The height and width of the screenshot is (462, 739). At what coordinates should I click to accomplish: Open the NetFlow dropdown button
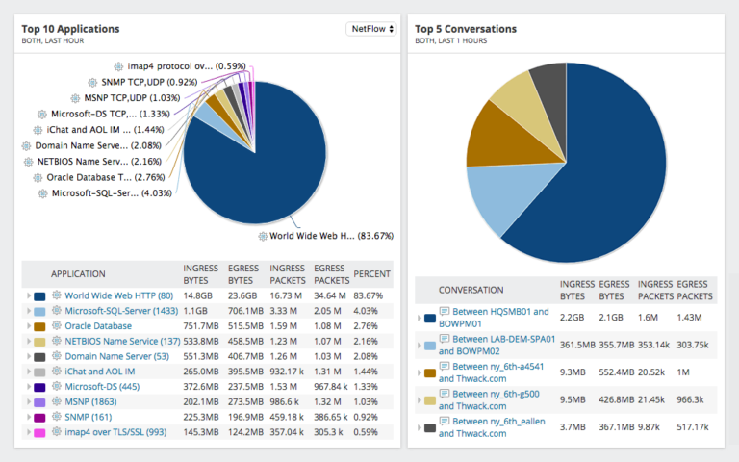369,29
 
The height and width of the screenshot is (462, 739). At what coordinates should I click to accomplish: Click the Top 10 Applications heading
70,29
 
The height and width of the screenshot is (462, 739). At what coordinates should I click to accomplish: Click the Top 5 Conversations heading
466,29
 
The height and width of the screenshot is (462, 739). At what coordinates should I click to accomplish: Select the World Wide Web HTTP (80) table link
118,295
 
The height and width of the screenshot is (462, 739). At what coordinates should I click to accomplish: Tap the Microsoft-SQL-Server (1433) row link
122,311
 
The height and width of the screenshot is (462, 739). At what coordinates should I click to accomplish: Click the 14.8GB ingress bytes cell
198,295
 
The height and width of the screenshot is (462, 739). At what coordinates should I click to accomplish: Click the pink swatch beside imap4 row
39,433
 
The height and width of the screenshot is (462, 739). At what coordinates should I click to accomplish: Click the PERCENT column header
371,273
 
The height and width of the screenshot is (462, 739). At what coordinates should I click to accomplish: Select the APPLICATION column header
78,273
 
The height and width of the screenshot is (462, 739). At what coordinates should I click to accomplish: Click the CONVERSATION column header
471,289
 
